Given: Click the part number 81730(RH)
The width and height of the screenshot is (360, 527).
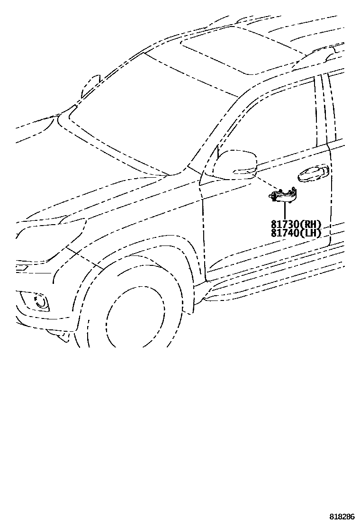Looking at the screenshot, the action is click(x=296, y=225).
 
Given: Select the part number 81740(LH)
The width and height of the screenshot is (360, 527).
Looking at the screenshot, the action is click(x=296, y=233).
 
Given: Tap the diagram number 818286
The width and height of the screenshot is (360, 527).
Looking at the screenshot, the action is click(x=342, y=516).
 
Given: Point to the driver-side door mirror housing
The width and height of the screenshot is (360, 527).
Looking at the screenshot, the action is click(x=235, y=163).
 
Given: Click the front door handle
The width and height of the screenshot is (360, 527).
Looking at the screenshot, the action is click(x=312, y=174).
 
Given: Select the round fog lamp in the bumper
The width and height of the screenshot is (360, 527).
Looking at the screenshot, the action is click(x=42, y=302).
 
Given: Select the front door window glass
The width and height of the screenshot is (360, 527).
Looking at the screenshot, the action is click(x=279, y=123).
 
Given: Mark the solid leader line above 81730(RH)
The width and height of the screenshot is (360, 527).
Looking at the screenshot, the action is click(x=285, y=211).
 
